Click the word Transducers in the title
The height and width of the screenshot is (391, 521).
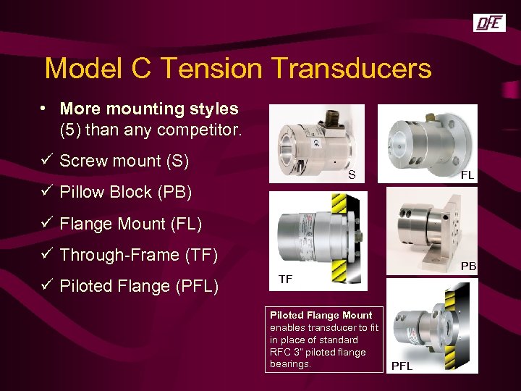pos(352,69)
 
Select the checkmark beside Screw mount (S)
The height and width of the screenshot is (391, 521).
pos(47,161)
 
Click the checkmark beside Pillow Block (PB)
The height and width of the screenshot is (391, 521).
pos(47,192)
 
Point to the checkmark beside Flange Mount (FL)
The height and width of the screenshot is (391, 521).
pos(47,224)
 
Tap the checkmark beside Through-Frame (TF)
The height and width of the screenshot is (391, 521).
pos(47,255)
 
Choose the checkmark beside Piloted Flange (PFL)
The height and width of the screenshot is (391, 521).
pos(47,286)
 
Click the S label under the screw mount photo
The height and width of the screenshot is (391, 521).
pos(352,175)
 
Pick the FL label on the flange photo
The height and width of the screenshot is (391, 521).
pos(467,175)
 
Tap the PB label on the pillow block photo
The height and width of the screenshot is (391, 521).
pos(469,266)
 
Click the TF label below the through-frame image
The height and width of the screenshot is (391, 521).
pos(287,279)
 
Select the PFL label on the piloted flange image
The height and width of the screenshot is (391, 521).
pos(402,366)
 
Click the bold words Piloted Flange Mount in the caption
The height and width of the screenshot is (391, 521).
pos(321,315)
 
